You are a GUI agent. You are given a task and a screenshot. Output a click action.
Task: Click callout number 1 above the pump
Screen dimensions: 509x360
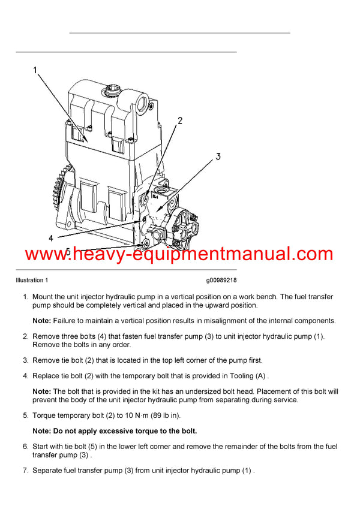coord(35,71)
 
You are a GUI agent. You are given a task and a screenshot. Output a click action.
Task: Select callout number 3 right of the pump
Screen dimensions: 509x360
coord(218,156)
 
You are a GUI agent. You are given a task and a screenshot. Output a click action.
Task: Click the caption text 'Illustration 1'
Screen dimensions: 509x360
coord(32,280)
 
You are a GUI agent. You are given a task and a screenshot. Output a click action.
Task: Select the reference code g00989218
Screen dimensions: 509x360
coord(221,280)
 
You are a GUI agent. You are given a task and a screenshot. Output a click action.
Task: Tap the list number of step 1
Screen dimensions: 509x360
coord(25,297)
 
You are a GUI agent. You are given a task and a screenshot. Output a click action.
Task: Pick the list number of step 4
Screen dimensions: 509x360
coord(25,376)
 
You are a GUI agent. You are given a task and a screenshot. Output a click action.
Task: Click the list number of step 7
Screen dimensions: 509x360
coord(25,471)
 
